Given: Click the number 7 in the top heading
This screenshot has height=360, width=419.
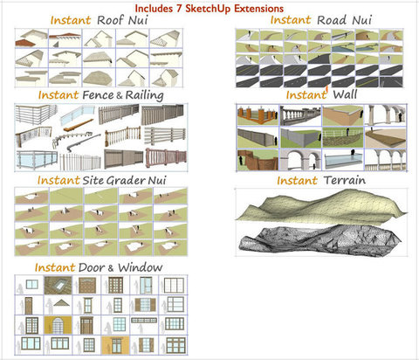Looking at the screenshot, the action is coord(178,8).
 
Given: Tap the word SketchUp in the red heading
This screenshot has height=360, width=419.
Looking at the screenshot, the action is coord(209,9).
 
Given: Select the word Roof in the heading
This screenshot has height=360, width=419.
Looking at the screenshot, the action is coord(110,20).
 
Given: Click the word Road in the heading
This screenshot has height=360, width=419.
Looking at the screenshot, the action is coord(333,20).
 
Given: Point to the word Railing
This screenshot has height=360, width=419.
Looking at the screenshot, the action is coord(145,95).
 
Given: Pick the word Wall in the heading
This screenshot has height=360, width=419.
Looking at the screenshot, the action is coord(345,94).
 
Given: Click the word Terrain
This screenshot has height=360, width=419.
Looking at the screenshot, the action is coord(345,180).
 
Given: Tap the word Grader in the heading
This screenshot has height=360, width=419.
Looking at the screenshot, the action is coord(126,181).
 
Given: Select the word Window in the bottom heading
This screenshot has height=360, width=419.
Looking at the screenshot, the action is coord(141,267).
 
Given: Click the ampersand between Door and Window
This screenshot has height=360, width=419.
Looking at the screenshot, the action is coord(111,268).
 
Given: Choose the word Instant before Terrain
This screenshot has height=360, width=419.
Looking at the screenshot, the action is coord(297,181).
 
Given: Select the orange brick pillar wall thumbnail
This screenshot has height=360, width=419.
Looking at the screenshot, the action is coord(258,115).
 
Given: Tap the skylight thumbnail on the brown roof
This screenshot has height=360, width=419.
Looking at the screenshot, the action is coord(58,285).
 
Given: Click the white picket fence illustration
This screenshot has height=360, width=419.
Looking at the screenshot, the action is coord(80,162).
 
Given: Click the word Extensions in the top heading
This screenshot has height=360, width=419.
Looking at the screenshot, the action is coord(259,9).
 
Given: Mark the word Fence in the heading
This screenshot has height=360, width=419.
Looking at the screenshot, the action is coord(98,95).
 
